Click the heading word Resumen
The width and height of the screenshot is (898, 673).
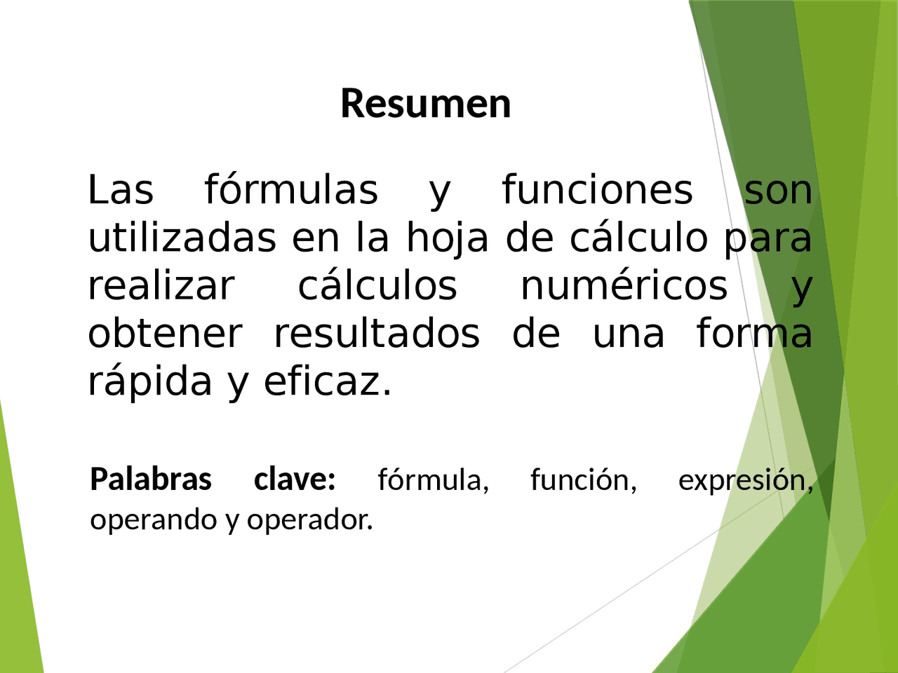click(425, 104)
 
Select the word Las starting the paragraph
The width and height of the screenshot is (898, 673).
click(120, 191)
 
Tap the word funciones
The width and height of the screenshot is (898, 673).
click(598, 191)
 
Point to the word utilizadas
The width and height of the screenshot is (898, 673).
click(182, 238)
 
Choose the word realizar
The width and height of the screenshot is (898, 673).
click(161, 286)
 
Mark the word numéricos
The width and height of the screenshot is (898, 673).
click(624, 286)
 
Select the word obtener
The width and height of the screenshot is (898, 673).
click(165, 334)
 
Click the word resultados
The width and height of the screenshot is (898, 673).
click(377, 334)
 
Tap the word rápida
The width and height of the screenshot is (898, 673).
click(149, 383)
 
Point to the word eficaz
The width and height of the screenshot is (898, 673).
click(327, 381)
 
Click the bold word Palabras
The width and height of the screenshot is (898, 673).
click(151, 480)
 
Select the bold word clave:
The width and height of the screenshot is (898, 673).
click(295, 480)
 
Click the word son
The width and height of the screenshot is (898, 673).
click(778, 191)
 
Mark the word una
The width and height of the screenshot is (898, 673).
click(628, 334)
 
